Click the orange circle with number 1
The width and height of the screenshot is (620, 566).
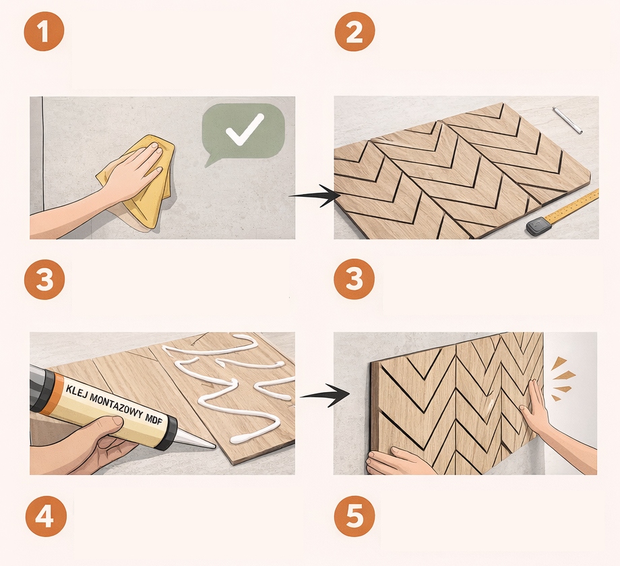tap(44, 31)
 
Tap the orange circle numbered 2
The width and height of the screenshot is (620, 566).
tap(354, 31)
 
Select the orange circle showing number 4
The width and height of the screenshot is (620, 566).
tap(46, 516)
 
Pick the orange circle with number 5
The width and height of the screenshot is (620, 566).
tap(354, 516)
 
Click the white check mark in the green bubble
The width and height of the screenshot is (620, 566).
tap(245, 129)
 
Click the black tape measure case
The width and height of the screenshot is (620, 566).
tap(538, 226)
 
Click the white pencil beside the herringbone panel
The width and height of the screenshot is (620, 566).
tap(567, 120)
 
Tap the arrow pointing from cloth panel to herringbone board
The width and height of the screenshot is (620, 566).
tap(315, 195)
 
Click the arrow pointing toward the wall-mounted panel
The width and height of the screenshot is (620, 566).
tap(325, 395)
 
